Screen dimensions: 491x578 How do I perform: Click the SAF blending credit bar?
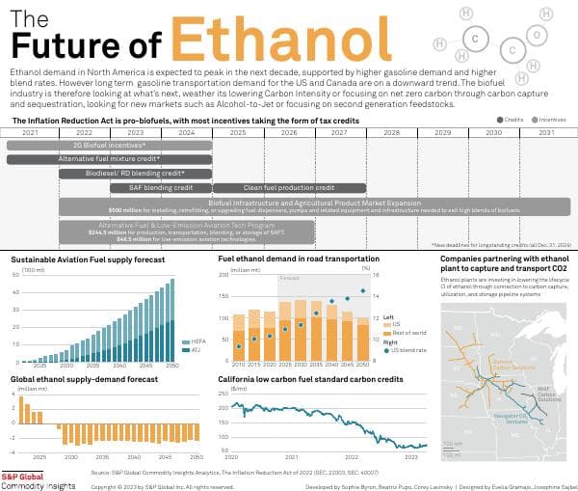tap(159, 187)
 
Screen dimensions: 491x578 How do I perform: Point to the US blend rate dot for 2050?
tap(362, 290)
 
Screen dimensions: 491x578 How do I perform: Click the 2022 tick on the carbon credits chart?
tap(354, 455)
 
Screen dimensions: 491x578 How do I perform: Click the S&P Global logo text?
tap(26, 476)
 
